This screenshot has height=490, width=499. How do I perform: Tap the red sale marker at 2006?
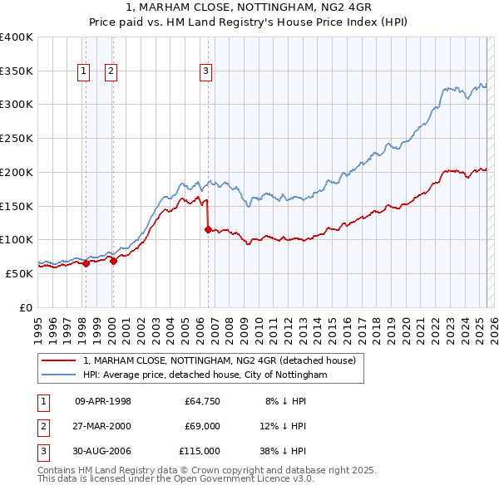208,230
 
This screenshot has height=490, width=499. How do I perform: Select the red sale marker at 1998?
86,263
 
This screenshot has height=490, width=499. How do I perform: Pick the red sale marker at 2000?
113,261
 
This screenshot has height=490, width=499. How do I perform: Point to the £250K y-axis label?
17,138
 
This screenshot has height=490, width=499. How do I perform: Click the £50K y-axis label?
20,273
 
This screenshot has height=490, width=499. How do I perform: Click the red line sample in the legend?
58,360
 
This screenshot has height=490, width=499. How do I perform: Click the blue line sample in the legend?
58,375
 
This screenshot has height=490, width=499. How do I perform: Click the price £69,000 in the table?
202,426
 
